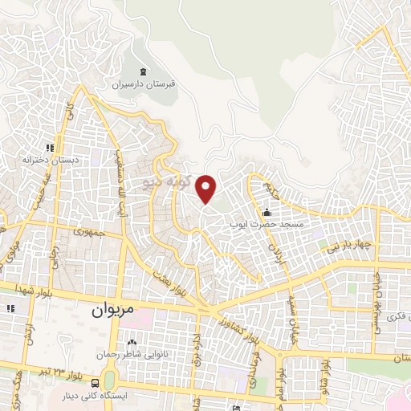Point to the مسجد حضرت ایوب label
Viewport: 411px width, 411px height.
(x=270, y=226)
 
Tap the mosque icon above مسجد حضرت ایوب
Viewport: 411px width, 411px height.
(x=267, y=212)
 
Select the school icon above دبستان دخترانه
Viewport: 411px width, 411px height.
(x=50, y=147)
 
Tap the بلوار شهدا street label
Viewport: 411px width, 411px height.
(x=35, y=291)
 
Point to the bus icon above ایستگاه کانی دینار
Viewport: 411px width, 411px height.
(x=96, y=382)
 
